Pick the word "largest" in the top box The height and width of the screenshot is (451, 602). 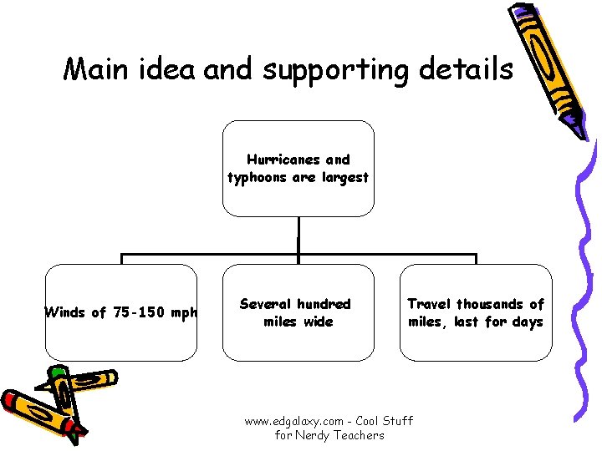click(343, 177)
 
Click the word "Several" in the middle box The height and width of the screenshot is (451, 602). click(266, 304)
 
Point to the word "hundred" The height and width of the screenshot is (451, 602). click(323, 304)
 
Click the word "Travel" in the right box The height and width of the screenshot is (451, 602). click(430, 304)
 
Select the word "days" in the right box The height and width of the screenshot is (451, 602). click(526, 322)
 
